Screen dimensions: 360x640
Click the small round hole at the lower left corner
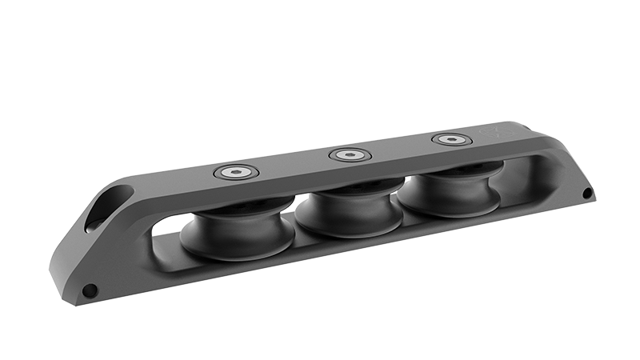click(x=90, y=290)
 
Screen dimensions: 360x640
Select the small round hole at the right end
click(x=587, y=194)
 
